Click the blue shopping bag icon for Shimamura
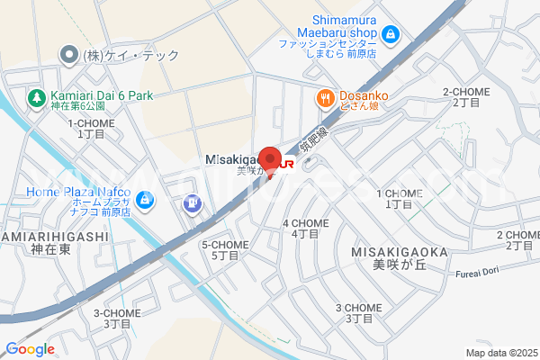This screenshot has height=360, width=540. pyautogui.click(x=390, y=35)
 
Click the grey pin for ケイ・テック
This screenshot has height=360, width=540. pyautogui.click(x=68, y=56)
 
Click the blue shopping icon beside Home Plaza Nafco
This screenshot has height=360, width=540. pyautogui.click(x=147, y=199)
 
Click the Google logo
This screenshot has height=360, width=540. pyautogui.click(x=30, y=349)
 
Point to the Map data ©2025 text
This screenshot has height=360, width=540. pyautogui.click(x=499, y=353)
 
